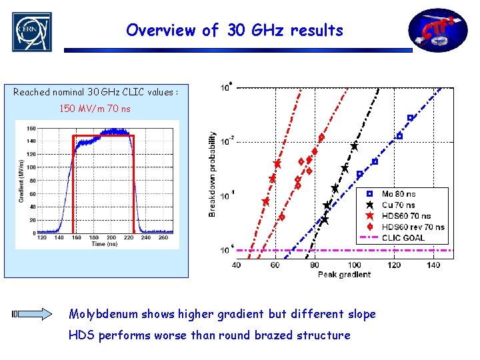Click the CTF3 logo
coord(438,30)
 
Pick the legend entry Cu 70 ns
coord(398,205)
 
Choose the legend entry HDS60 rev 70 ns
coord(412,227)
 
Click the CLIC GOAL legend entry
coord(403,237)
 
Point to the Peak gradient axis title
coord(344,274)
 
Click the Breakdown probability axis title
coord(213,173)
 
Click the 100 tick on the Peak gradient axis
coord(354,265)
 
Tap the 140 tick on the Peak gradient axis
coord(433,265)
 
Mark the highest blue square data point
coord(410,118)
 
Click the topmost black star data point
coord(355,146)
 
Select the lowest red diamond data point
coord(281,217)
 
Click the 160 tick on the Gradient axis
coord(31,128)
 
